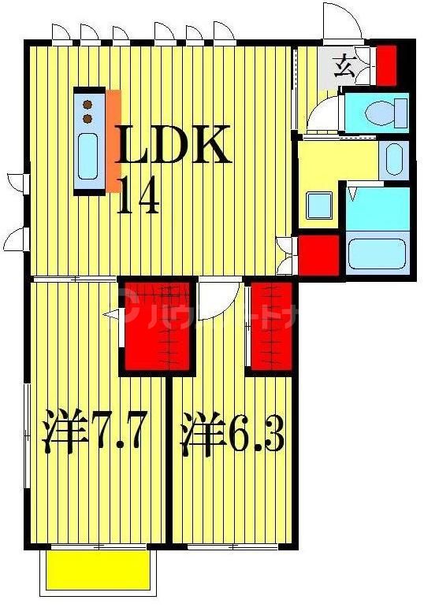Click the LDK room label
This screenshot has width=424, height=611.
175,143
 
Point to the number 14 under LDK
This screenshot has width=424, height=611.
139,195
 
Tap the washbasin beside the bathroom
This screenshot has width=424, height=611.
392,160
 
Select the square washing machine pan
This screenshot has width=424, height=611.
319,207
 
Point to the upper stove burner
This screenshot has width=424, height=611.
87,104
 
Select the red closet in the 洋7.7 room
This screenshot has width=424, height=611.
156,326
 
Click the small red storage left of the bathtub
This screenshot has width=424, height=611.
318,254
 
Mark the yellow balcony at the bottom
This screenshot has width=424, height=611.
96,569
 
